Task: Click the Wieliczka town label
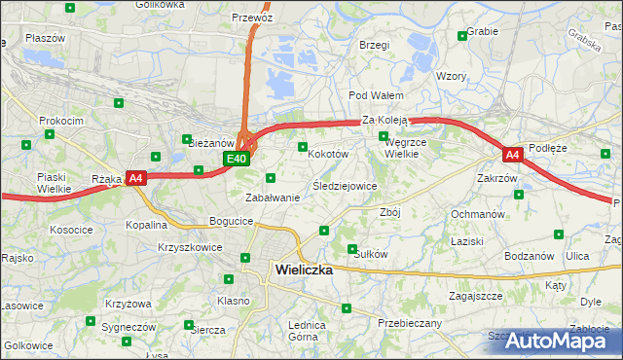point(304,270)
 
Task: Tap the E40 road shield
point(237,158)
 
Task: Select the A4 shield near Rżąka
point(136,178)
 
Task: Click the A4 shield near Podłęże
point(513,155)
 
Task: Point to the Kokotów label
point(327,154)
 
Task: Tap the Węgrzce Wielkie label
point(400,147)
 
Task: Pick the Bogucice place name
point(231,222)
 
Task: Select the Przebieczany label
point(409,323)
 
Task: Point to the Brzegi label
point(374,45)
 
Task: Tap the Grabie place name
point(483,31)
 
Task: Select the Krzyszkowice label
point(189,247)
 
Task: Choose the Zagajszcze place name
point(475,295)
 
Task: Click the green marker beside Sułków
point(352,249)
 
